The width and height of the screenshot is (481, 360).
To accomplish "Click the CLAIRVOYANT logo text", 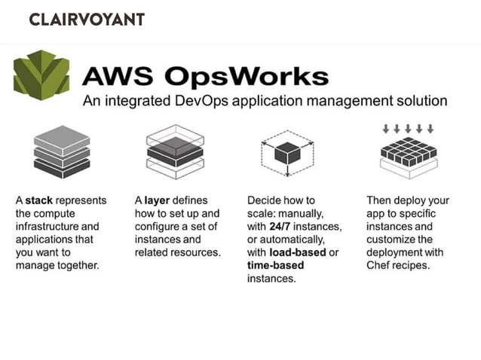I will coord(86,20).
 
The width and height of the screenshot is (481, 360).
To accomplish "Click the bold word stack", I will coord(38,201).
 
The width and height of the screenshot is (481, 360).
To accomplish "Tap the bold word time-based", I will coord(275,265).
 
